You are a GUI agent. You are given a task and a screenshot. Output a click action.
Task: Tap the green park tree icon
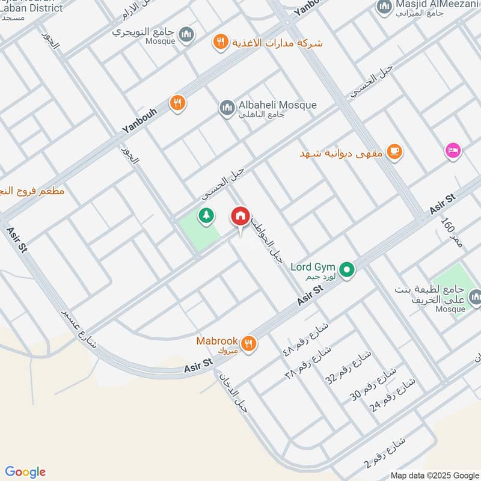click(x=206, y=215)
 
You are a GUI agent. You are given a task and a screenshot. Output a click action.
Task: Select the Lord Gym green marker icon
click(x=346, y=271)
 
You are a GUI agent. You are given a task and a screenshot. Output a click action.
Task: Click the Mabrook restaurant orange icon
click(x=248, y=343)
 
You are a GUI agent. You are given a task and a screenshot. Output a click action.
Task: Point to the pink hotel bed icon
click(x=453, y=150)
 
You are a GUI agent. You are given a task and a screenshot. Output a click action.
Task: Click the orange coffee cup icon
click(x=394, y=151)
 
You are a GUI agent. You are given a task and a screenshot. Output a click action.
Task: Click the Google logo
click(x=25, y=472)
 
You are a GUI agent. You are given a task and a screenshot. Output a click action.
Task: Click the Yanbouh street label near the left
click(x=138, y=121)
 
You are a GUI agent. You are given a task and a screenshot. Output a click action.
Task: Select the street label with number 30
click(x=364, y=385)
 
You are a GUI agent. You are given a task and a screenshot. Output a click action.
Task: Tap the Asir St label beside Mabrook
click(x=199, y=364)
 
